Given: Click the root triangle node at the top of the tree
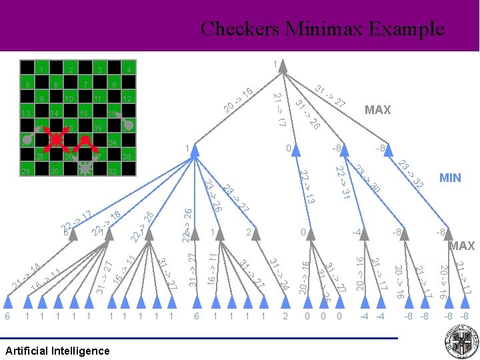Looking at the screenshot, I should (x=282, y=67).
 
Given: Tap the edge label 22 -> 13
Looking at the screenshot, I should (x=307, y=187).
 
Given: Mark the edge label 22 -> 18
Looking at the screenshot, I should (x=107, y=223).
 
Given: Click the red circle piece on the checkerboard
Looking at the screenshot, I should (x=86, y=140).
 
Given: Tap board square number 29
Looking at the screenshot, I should (x=25, y=172).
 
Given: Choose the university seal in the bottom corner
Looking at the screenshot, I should (x=461, y=341).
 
